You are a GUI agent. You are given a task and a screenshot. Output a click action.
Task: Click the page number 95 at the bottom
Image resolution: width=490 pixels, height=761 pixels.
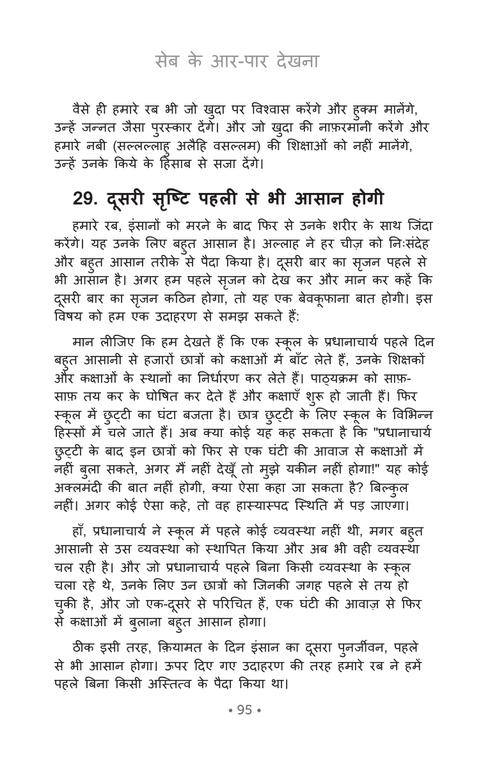245,710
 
